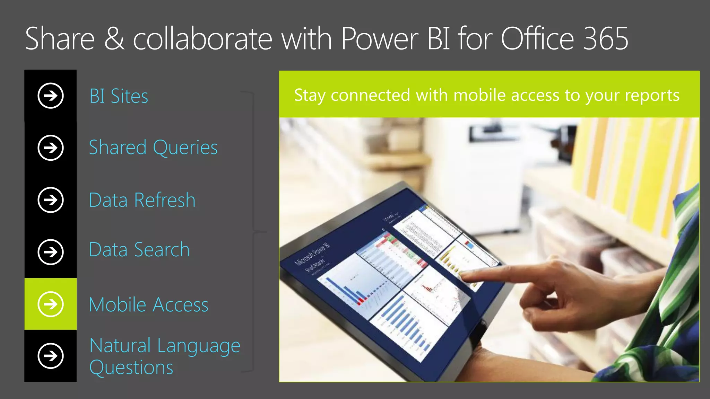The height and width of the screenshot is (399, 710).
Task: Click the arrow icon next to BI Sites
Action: [51, 96]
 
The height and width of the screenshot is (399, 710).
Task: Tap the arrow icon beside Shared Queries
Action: [51, 148]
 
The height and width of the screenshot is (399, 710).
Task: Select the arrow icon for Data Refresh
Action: [51, 200]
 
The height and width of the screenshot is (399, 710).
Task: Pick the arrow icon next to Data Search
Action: [51, 252]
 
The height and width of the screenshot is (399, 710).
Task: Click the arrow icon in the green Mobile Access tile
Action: [51, 304]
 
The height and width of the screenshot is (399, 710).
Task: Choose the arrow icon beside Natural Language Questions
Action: [51, 356]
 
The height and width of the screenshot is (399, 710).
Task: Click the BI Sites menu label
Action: [119, 96]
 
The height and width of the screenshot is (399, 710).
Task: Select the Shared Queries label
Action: [153, 148]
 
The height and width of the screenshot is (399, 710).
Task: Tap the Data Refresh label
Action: [142, 200]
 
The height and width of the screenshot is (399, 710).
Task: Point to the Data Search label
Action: [139, 250]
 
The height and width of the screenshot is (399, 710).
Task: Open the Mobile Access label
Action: [149, 305]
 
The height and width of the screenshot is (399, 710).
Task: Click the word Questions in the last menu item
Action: [131, 367]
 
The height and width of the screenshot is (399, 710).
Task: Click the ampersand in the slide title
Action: [114, 39]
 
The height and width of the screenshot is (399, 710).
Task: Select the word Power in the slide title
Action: [380, 39]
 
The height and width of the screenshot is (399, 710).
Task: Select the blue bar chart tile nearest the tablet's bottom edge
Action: [409, 326]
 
